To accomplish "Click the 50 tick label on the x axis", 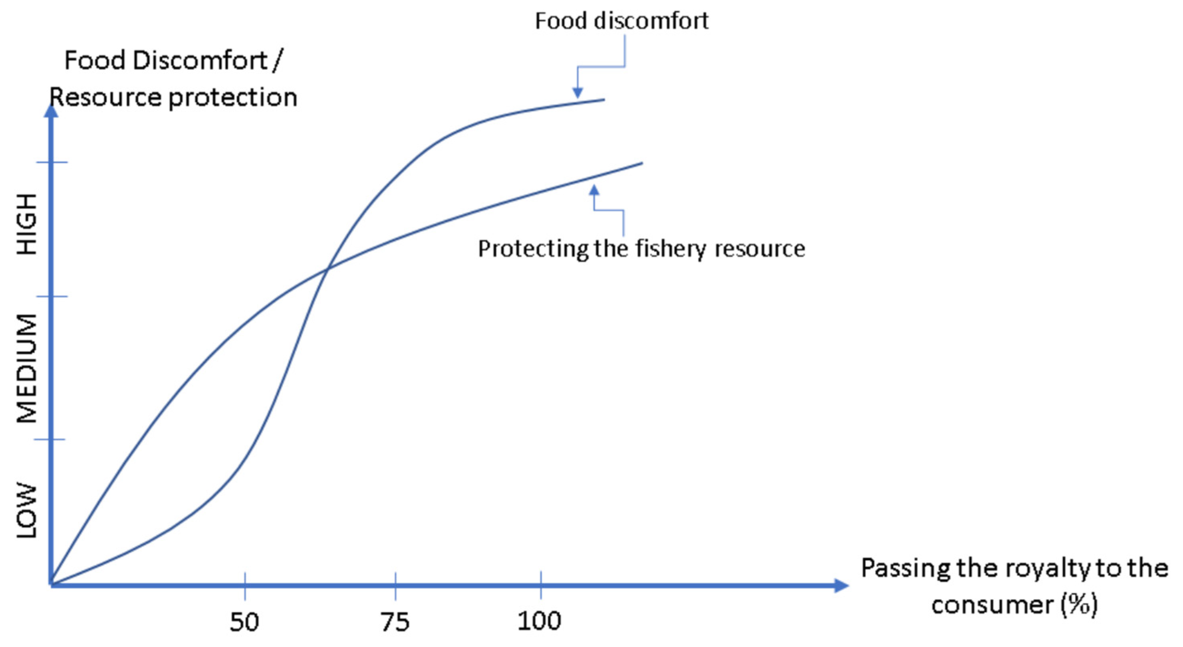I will (x=244, y=622).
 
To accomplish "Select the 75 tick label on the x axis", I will (x=395, y=622).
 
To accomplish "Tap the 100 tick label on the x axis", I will (x=540, y=621).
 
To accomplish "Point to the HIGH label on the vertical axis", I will (x=27, y=224).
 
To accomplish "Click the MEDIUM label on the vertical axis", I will (x=27, y=368).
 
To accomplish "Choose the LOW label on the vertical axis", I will (x=27, y=510).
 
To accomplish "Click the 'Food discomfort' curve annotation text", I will (x=622, y=21).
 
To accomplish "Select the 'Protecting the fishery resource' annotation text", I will (x=641, y=249).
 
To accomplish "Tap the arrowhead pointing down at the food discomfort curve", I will (x=578, y=93).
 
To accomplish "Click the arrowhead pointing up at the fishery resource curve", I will (x=594, y=190).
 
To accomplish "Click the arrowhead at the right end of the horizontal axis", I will (x=842, y=585).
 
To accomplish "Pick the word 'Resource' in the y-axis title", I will (x=105, y=97).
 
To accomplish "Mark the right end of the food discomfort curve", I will (x=604, y=99).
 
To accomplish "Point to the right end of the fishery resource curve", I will (x=642, y=163).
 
